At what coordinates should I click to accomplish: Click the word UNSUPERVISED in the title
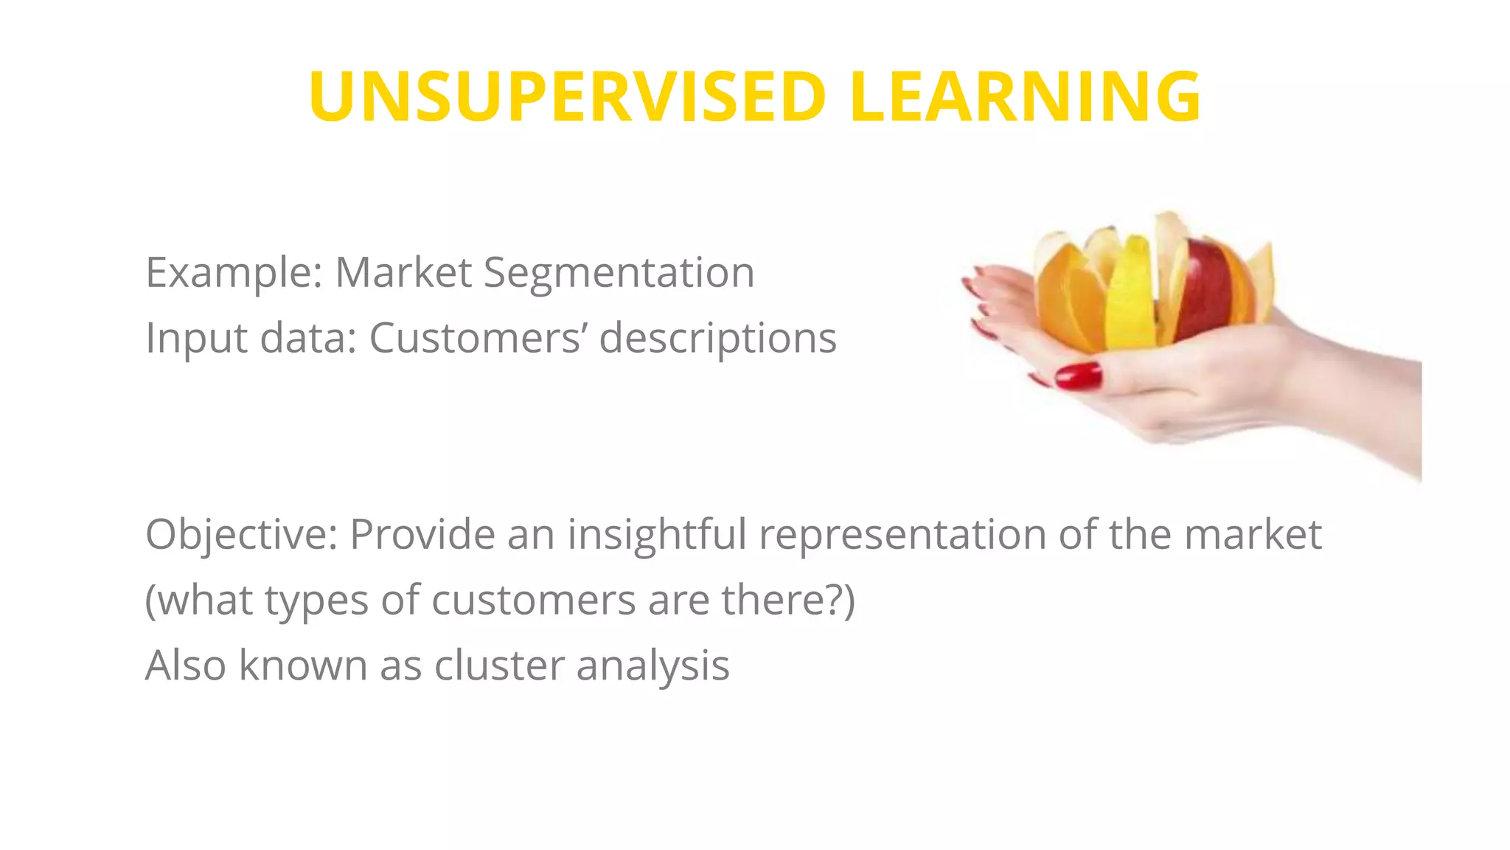[566, 97]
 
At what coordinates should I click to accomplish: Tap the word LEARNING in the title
[1025, 97]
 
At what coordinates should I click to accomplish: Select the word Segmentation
[619, 273]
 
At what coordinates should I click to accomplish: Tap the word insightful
[657, 534]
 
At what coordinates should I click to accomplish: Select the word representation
[902, 534]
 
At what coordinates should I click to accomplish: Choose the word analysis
[653, 666]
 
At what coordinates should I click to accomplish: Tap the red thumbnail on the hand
[1079, 376]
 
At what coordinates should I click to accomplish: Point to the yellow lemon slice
[1129, 295]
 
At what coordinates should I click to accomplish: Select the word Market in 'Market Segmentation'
[403, 273]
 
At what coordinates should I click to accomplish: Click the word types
[316, 601]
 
